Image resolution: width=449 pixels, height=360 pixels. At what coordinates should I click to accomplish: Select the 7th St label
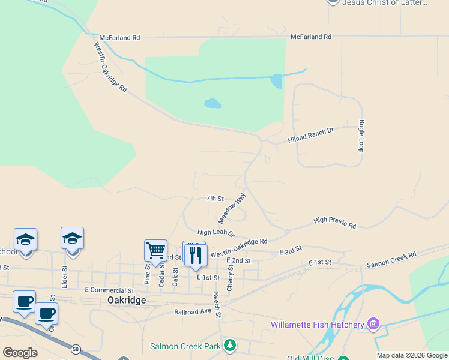pyautogui.click(x=215, y=198)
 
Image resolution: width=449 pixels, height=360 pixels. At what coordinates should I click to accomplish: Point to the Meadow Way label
pyautogui.click(x=232, y=208)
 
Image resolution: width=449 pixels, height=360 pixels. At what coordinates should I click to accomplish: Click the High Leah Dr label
pyautogui.click(x=215, y=232)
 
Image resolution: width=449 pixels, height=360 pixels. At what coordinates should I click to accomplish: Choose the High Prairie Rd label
pyautogui.click(x=334, y=223)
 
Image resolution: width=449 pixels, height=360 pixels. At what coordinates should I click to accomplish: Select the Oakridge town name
pyautogui.click(x=127, y=300)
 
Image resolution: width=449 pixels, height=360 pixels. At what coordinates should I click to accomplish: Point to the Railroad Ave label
pyautogui.click(x=193, y=312)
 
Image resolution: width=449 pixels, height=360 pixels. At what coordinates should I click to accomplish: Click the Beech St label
pyautogui.click(x=217, y=305)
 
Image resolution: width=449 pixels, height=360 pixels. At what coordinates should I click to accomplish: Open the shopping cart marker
pyautogui.click(x=155, y=251)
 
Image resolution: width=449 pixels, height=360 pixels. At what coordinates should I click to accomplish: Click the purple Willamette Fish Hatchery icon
pyautogui.click(x=373, y=325)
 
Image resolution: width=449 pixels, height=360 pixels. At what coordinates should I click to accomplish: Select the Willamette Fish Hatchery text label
pyautogui.click(x=318, y=325)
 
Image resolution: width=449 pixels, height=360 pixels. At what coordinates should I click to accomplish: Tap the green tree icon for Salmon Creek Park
pyautogui.click(x=229, y=346)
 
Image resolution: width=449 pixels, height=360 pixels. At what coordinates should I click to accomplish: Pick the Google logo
pyautogui.click(x=20, y=353)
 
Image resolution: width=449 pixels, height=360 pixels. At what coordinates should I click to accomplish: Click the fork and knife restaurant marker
pyautogui.click(x=195, y=255)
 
